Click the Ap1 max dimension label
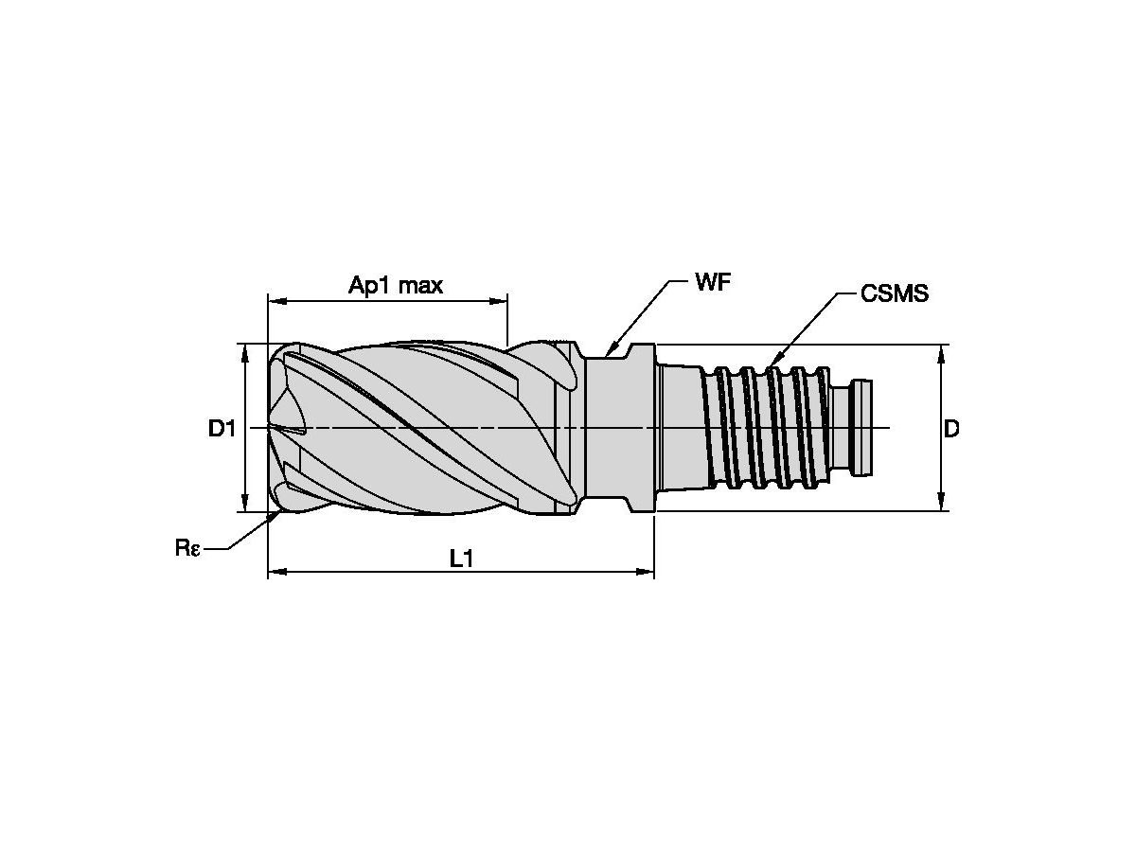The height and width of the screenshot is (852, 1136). (396, 285)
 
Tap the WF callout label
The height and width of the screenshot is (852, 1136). (713, 282)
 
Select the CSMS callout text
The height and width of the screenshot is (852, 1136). (895, 293)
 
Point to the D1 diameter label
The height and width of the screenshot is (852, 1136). (222, 428)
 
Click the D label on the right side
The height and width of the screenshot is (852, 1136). (951, 428)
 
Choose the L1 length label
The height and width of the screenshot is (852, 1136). (461, 559)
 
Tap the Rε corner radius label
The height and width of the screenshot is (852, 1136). (186, 547)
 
